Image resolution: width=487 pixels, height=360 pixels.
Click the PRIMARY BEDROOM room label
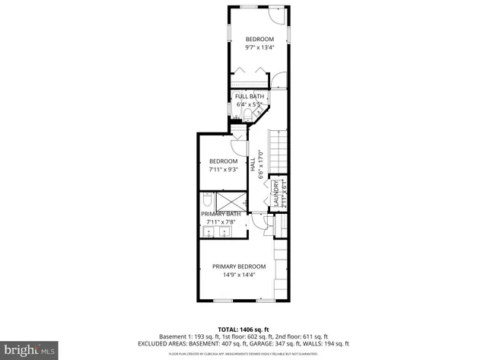point(240,266)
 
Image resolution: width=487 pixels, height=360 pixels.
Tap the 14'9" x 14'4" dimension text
point(240,275)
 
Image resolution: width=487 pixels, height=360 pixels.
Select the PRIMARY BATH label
point(221,214)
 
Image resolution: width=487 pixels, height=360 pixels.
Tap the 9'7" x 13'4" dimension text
point(259,47)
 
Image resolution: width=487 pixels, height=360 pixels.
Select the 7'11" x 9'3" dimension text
point(224,170)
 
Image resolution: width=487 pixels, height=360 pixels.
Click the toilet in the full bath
point(247,115)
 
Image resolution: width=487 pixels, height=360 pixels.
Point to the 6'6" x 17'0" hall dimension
point(261,164)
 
